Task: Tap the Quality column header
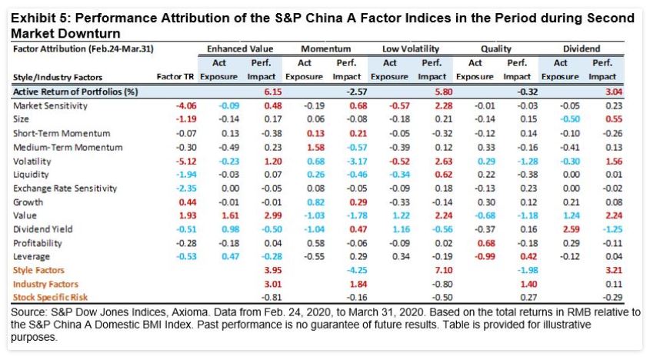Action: pos(495,48)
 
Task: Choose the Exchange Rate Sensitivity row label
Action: pos(65,188)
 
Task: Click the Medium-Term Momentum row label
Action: pos(58,146)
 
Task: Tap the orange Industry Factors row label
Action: pos(45,284)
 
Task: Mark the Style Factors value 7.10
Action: pos(432,270)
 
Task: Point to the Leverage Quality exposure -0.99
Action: pos(475,257)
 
